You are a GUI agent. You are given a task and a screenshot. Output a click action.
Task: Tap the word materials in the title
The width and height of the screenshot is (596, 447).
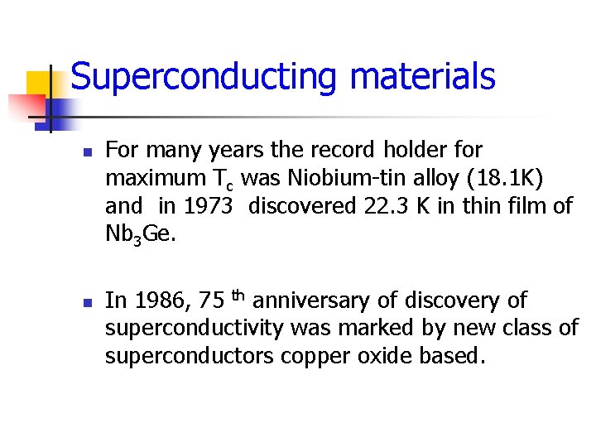(x=422, y=76)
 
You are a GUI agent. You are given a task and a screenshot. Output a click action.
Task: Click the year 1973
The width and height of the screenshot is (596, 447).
(x=205, y=205)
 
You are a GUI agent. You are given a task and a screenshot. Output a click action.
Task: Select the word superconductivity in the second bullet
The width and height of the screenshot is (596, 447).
(x=195, y=329)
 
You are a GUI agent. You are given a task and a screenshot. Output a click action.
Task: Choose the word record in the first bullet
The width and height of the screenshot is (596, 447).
(x=341, y=151)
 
